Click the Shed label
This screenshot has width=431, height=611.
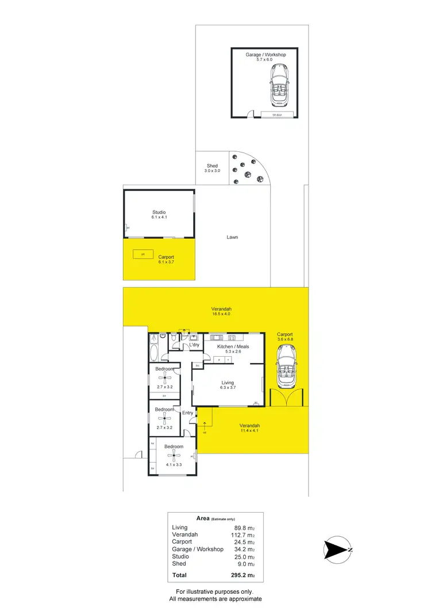pos(212,166)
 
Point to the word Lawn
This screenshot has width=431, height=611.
pos(232,237)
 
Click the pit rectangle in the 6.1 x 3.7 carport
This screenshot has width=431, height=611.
pos(139,254)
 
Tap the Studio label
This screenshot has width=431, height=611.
pos(159,212)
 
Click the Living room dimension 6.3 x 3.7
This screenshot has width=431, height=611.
pos(228,388)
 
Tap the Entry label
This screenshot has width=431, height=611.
pos(187,413)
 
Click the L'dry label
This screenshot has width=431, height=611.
pos(194,345)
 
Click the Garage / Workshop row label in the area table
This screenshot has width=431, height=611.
pos(198,549)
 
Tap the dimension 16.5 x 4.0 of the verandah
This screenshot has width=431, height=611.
pos(221,316)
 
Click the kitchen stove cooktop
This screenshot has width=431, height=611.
pos(232,337)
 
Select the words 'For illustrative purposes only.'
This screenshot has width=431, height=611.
pos(214,591)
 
